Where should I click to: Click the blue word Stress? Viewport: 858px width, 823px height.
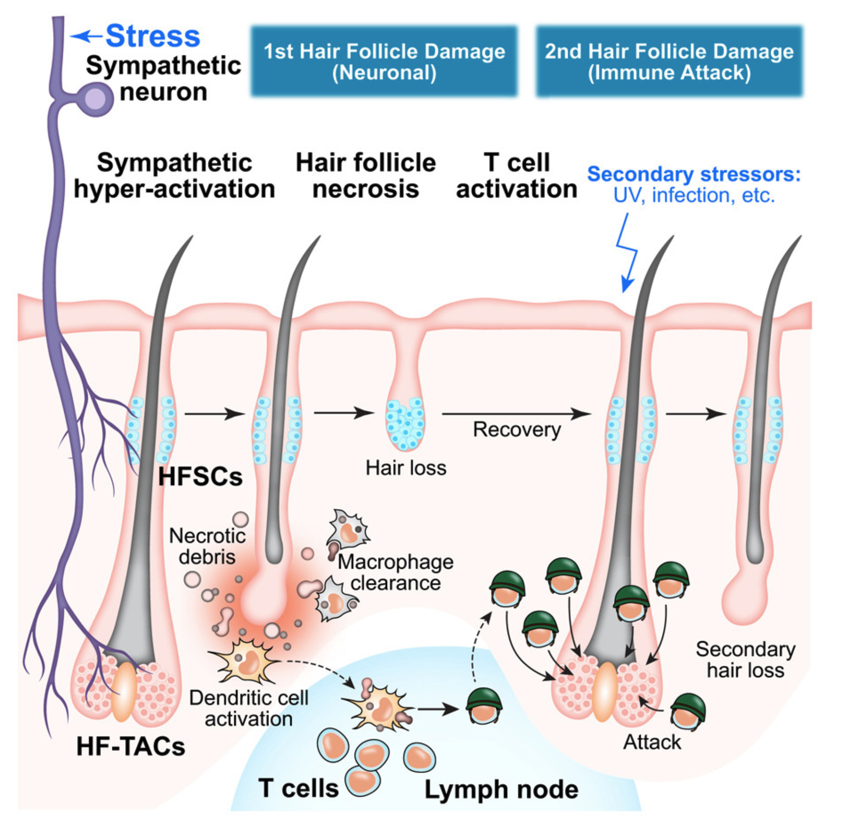tap(153, 36)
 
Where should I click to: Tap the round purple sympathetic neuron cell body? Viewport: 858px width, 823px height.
tap(96, 99)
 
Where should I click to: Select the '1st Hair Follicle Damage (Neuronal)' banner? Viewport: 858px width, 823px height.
tap(384, 61)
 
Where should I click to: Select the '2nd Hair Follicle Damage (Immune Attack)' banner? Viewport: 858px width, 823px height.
tap(669, 61)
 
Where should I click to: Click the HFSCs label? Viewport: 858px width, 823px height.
tap(200, 477)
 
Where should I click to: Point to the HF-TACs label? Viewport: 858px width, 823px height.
tap(131, 746)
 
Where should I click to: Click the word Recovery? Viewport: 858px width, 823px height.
tap(516, 430)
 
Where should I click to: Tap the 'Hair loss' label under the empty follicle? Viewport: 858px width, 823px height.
tap(406, 468)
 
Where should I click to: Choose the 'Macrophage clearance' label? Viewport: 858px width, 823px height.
tap(396, 572)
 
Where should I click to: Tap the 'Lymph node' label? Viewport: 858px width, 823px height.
tap(501, 789)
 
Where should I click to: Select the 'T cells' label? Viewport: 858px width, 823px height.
tap(299, 788)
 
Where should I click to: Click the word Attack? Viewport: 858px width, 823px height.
tap(652, 743)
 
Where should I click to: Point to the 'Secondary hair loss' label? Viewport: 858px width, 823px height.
tap(745, 660)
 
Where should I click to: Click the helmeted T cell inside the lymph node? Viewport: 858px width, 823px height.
tap(484, 706)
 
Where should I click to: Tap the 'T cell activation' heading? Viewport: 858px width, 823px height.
tap(516, 176)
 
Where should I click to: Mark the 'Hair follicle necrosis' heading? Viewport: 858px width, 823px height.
tap(366, 176)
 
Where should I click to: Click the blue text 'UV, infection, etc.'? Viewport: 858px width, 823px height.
tap(693, 196)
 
